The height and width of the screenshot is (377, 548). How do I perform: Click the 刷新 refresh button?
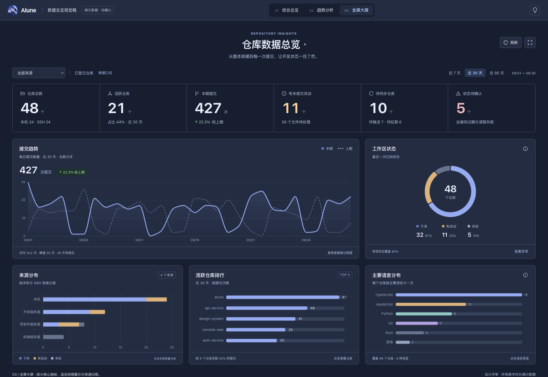click(x=510, y=42)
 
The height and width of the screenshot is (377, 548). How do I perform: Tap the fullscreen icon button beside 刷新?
click(x=530, y=42)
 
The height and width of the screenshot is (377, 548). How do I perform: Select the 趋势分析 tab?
click(x=321, y=10)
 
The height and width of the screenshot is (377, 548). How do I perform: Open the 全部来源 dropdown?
click(x=39, y=73)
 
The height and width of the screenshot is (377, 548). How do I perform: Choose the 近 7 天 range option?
click(x=454, y=73)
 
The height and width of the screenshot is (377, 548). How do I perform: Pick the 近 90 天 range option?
click(x=497, y=73)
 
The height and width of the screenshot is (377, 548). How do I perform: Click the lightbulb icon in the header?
click(x=535, y=10)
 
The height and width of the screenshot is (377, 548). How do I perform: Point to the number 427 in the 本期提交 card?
click(x=208, y=108)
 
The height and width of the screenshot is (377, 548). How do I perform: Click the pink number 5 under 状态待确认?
click(x=461, y=108)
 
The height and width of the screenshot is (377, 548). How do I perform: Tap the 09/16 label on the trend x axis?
click(x=195, y=240)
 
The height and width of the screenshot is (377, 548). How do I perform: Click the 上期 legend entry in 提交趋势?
click(x=345, y=149)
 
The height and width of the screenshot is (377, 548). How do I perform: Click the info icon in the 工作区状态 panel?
click(x=525, y=149)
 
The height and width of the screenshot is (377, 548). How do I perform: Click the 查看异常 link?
click(x=521, y=252)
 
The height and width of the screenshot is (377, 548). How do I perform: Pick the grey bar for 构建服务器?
click(x=53, y=337)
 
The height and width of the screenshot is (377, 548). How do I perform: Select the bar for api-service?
click(x=267, y=308)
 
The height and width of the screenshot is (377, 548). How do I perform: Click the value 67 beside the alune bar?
click(x=344, y=297)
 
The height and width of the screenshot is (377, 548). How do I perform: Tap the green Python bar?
click(x=424, y=314)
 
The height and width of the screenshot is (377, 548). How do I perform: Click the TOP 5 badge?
click(x=345, y=275)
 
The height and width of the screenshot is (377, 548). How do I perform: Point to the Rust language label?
click(x=389, y=333)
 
